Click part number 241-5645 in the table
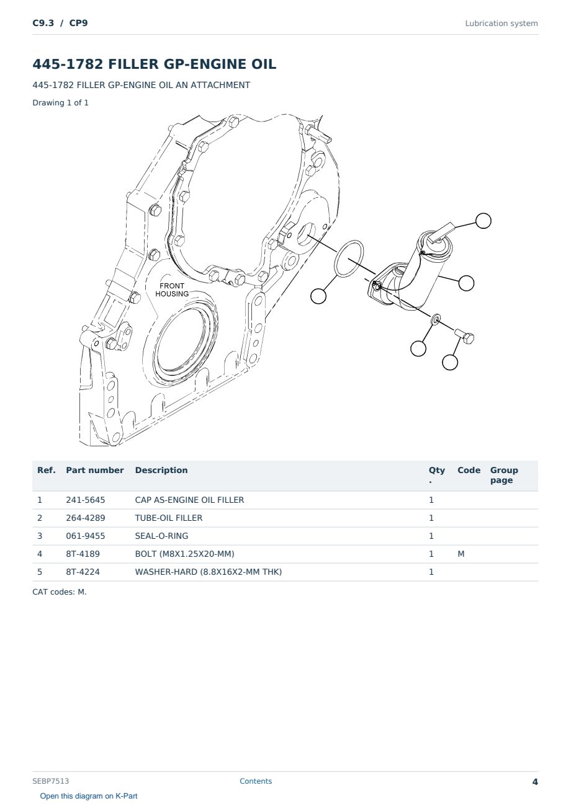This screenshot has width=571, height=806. coord(86,500)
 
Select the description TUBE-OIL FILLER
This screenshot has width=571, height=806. coord(169,518)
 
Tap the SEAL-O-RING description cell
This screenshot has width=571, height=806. coord(161,536)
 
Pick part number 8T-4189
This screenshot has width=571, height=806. coord(83,554)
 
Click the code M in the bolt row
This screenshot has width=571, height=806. coord(461,554)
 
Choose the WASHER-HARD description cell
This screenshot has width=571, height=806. coord(208,572)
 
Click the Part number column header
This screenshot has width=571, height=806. coord(95,470)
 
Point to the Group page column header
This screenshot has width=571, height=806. coord(504,475)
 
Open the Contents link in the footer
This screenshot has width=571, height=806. coord(256,781)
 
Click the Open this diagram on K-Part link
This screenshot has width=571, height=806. coord(89,796)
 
